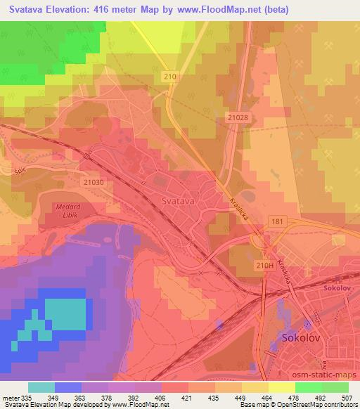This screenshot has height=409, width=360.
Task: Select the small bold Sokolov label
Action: tap(337, 288)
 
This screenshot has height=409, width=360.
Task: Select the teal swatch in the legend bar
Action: tap(41, 387)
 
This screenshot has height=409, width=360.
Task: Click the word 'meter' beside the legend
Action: tap(9, 397)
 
